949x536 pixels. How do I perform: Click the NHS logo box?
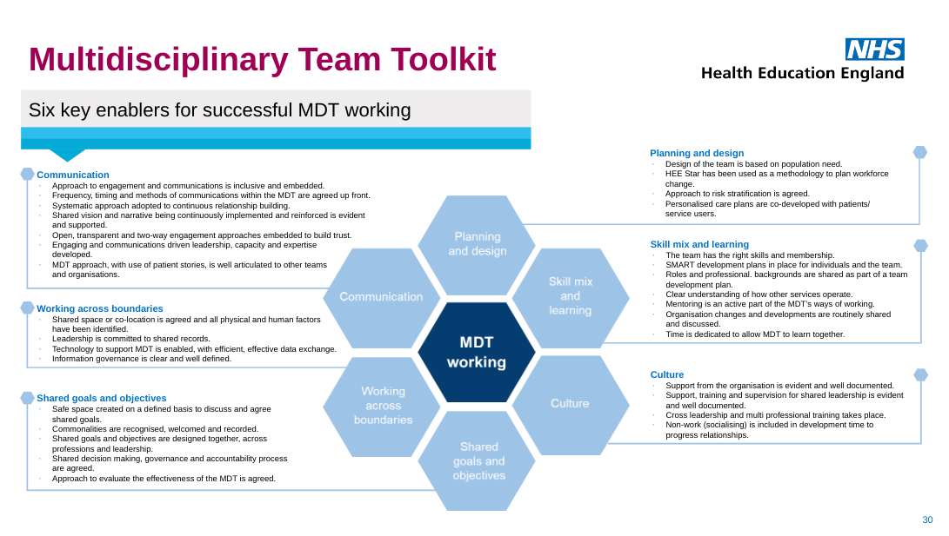(874, 49)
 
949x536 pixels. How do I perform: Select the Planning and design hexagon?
(476, 244)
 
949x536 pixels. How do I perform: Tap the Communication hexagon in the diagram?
(381, 297)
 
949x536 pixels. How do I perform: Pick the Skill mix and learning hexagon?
(570, 296)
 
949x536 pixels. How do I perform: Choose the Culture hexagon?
(570, 404)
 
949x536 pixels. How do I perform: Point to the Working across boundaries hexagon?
(382, 406)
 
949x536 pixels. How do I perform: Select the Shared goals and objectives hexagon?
(477, 461)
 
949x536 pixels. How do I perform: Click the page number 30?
(927, 519)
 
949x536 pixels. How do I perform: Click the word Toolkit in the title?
(442, 59)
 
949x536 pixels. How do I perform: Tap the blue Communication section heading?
(73, 175)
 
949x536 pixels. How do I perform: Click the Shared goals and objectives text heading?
(101, 398)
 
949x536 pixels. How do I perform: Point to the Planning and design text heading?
(697, 153)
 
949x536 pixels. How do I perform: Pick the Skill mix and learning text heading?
(699, 244)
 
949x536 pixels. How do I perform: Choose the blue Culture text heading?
(667, 374)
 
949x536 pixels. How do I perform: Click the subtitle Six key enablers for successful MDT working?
(219, 110)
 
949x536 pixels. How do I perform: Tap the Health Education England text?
(802, 73)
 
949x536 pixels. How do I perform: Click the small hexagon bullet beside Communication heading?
(27, 175)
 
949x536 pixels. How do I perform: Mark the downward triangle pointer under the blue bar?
(66, 155)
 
